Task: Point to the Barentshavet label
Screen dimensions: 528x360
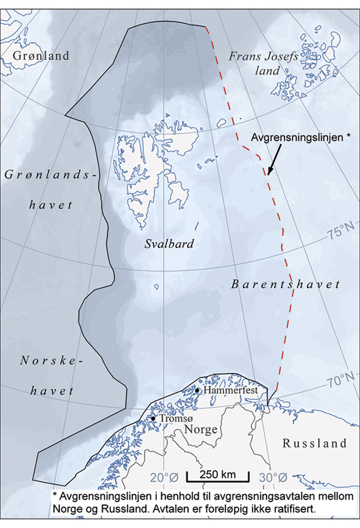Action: pos(285,285)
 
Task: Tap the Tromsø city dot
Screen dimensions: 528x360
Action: pos(153,417)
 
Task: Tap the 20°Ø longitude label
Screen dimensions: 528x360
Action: pos(164,477)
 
